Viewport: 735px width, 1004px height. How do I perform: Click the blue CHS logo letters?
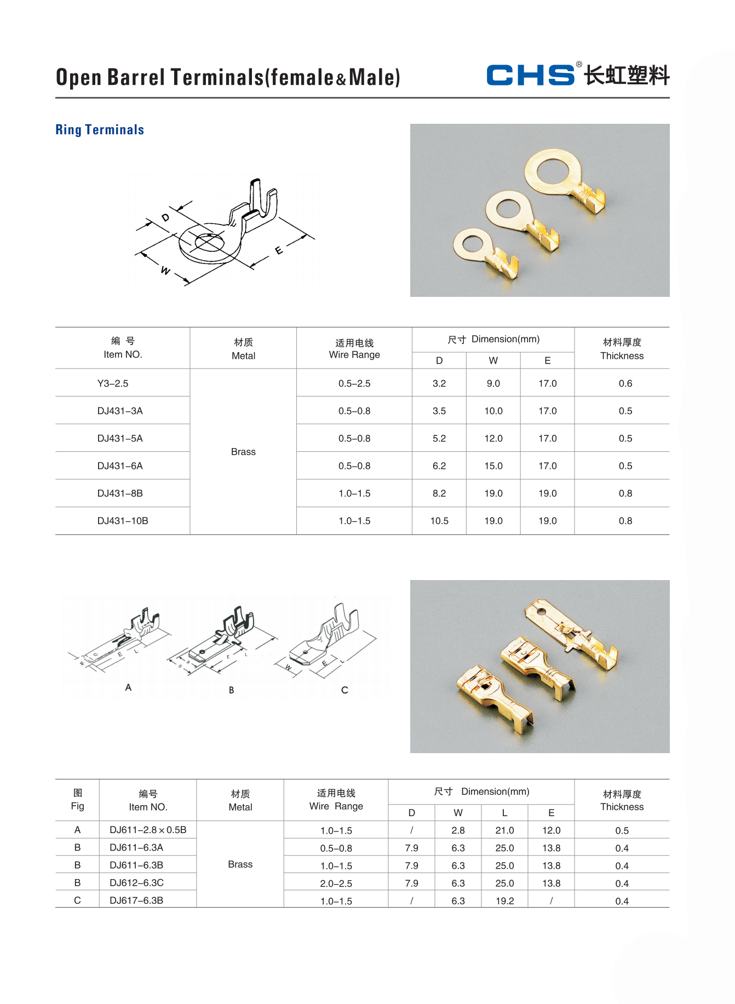[x=530, y=75]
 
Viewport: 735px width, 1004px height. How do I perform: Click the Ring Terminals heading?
[x=100, y=130]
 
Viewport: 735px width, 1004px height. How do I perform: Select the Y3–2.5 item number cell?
[x=113, y=383]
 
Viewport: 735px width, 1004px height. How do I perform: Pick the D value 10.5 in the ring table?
[x=439, y=521]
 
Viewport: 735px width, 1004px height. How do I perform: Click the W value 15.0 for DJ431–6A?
[x=493, y=466]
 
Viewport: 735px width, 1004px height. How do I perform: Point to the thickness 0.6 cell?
[x=625, y=383]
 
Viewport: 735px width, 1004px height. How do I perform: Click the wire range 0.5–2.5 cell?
[x=354, y=383]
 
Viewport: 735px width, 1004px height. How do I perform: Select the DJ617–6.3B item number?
[x=136, y=900]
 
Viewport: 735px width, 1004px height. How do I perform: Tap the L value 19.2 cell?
[x=504, y=901]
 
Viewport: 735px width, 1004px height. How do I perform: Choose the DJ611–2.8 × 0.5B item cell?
[x=148, y=830]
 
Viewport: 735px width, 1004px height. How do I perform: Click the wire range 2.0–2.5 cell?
[x=336, y=883]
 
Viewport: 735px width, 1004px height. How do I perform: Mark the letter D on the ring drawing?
[x=165, y=217]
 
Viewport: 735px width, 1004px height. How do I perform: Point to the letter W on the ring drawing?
[x=165, y=271]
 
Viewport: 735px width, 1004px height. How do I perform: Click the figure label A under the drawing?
[x=128, y=687]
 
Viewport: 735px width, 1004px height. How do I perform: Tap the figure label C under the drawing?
[x=344, y=690]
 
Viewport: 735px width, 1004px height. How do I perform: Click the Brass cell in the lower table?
[x=240, y=864]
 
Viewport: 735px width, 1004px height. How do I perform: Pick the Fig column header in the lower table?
[x=78, y=800]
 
